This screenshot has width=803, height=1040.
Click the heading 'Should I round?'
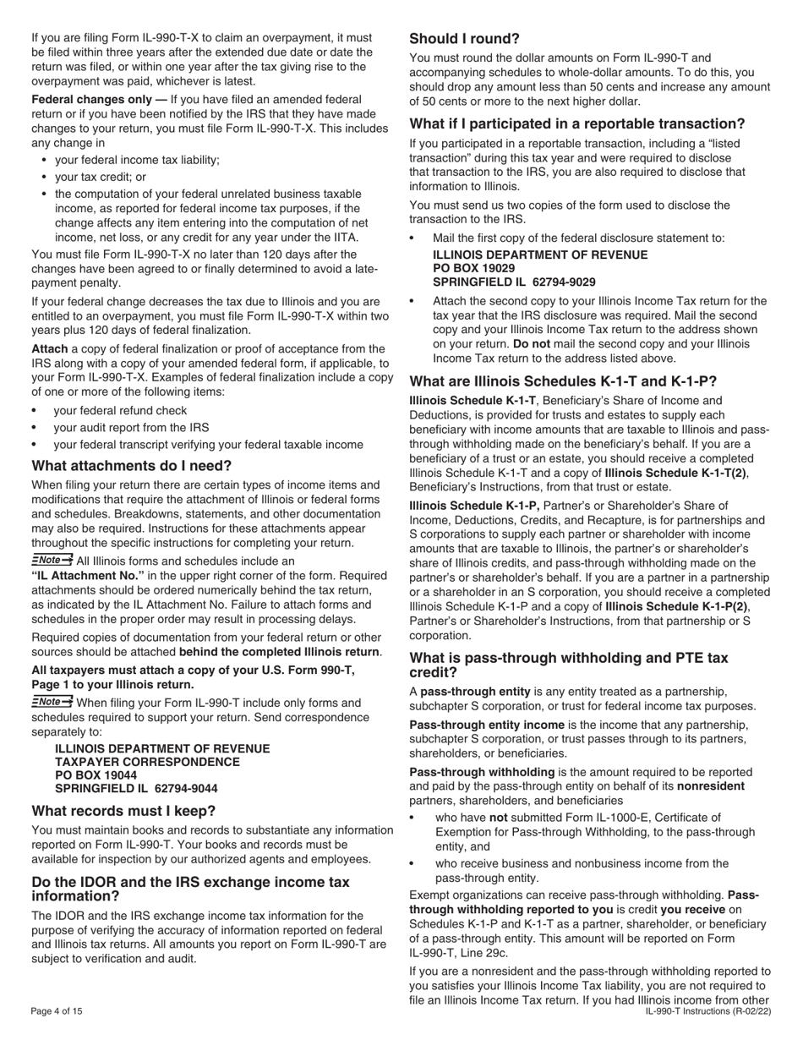point(464,38)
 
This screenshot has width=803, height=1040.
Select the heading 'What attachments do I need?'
point(131,466)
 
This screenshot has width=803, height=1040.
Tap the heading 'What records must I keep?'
point(123,810)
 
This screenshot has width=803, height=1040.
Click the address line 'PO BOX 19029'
point(473,268)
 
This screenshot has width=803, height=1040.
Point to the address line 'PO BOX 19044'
point(96,775)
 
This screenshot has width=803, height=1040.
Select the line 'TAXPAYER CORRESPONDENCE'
point(147,762)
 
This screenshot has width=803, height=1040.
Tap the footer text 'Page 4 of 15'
point(57,1011)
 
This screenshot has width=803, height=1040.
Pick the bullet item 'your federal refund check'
point(120,410)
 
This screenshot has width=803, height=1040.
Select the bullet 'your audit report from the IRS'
point(131,427)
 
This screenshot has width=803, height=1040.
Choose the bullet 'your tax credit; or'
point(100,177)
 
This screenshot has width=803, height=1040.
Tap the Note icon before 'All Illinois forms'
point(52,560)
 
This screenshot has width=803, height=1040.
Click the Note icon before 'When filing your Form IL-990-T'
point(52,703)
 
